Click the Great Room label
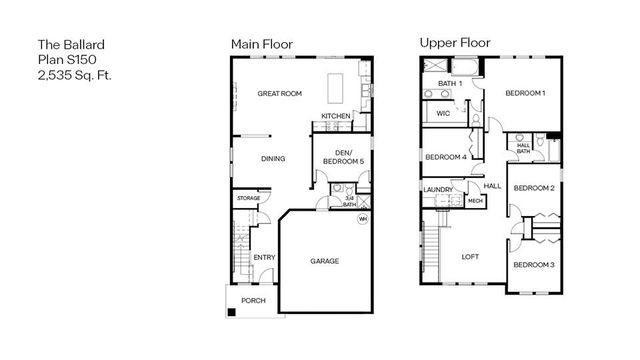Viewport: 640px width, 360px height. click(279, 93)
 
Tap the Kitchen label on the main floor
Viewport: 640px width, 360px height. click(335, 116)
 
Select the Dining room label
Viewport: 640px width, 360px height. click(273, 158)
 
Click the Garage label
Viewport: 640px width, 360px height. click(324, 261)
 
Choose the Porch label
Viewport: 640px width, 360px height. click(252, 300)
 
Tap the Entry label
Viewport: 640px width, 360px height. click(264, 258)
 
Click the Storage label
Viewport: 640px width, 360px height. click(248, 199)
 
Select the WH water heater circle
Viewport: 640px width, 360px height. click(363, 218)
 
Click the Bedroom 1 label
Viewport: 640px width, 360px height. click(524, 93)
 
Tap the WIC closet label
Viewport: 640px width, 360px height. click(443, 114)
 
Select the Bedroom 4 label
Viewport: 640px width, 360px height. click(446, 157)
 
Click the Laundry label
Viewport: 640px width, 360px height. click(436, 188)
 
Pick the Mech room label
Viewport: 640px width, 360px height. click(475, 201)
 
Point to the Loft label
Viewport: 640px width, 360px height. click(470, 257)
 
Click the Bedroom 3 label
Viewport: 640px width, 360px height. click(533, 264)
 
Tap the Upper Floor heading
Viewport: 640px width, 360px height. click(454, 44)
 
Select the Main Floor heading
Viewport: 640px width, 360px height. click(262, 44)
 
